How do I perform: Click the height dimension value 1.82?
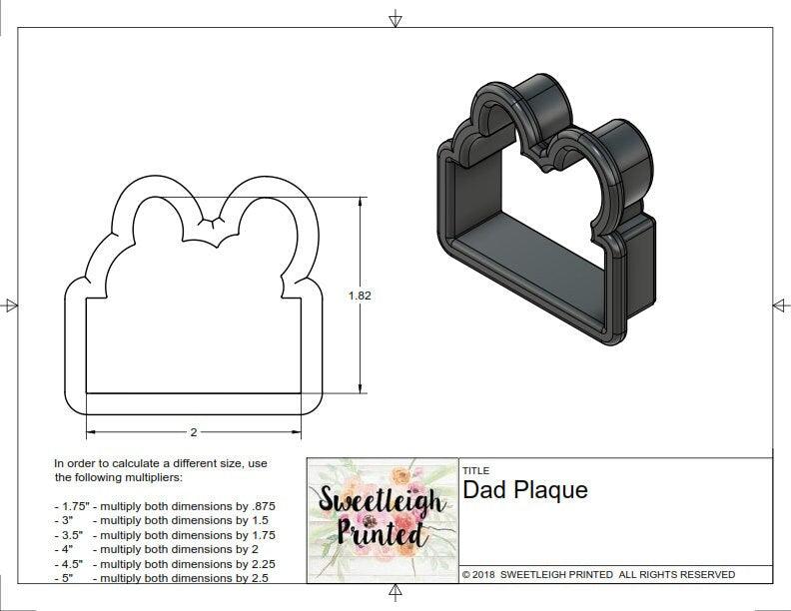[360, 296]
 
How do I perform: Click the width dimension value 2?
[193, 432]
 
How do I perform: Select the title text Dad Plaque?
[525, 490]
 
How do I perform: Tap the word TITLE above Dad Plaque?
[475, 470]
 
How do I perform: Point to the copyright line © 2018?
[598, 574]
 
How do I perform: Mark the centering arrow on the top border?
[395, 18]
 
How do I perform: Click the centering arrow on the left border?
[11, 305]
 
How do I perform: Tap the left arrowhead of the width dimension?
[91, 432]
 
